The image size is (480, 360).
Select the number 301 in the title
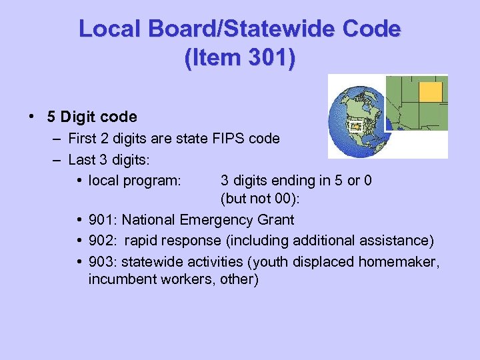(269, 57)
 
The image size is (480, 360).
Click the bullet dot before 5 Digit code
(33, 116)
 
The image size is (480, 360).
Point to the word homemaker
(399, 259)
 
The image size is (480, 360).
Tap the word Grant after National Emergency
(276, 219)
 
